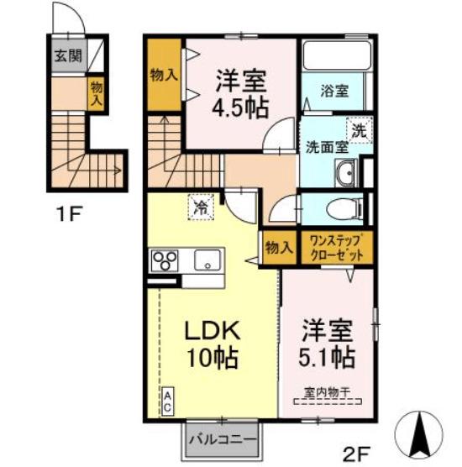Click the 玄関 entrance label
tap(68, 55)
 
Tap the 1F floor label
tap(68, 214)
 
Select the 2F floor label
tap(356, 454)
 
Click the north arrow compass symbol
tap(419, 434)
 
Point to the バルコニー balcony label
tap(223, 439)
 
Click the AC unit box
tap(168, 401)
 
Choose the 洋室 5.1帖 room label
tap(327, 344)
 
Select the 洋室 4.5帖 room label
tap(240, 94)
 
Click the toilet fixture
tap(344, 208)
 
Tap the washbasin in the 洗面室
tap(346, 173)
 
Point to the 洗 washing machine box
tap(360, 130)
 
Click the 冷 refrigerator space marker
tap(201, 207)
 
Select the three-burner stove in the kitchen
tap(165, 260)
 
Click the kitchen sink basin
tap(207, 260)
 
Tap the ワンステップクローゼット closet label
tap(337, 248)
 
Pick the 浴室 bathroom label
tap(334, 91)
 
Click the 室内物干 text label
tap(327, 392)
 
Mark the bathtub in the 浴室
tap(337, 55)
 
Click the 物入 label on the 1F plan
tap(97, 94)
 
